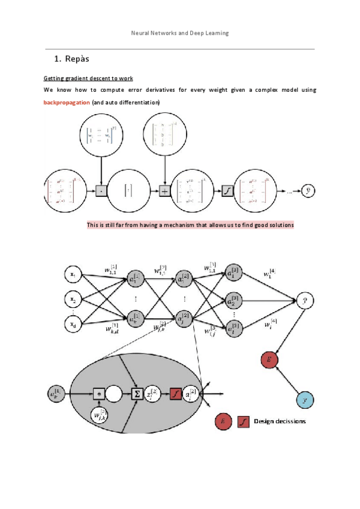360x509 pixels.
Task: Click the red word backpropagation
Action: click(x=67, y=103)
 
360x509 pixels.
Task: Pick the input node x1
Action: click(x=73, y=275)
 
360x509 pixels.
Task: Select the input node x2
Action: click(x=73, y=298)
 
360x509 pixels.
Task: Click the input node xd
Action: click(x=73, y=324)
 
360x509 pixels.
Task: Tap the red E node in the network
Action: click(x=269, y=360)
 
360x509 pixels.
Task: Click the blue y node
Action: click(x=305, y=399)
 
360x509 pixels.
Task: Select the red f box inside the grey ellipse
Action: click(x=175, y=394)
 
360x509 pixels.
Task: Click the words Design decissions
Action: click(x=280, y=421)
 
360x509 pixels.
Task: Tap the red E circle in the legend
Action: click(x=224, y=422)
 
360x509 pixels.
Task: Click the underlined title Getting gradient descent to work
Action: click(x=88, y=79)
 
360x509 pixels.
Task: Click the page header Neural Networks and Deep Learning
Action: click(x=180, y=33)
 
